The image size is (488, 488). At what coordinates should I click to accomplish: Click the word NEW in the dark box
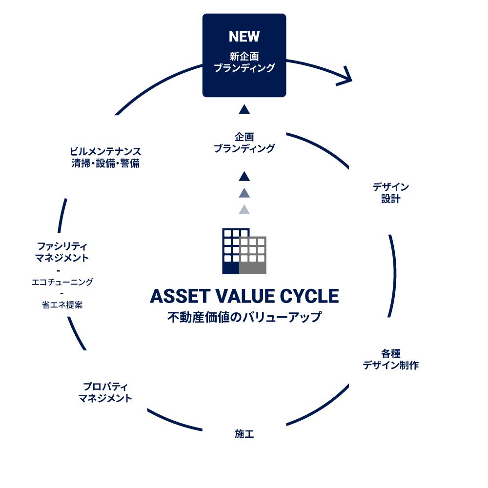click(x=244, y=37)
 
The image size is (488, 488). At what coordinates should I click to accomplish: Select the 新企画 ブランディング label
click(x=244, y=62)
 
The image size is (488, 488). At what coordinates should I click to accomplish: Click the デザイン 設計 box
click(x=390, y=193)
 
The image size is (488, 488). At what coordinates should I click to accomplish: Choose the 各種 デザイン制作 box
click(x=390, y=359)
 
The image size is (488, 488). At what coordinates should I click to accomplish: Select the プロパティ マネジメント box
click(x=105, y=392)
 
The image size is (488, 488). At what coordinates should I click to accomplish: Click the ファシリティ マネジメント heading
click(x=62, y=252)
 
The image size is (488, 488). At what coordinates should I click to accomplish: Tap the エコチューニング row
click(x=62, y=282)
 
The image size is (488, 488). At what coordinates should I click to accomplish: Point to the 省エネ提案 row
click(x=62, y=305)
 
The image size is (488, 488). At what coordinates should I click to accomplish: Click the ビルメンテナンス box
click(x=105, y=157)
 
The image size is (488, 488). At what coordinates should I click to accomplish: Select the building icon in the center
click(x=244, y=251)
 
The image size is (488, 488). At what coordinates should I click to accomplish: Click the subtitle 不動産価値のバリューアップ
click(x=244, y=317)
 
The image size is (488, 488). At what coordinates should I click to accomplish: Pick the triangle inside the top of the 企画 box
click(x=244, y=109)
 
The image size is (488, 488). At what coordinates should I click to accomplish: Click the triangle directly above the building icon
click(x=244, y=210)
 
